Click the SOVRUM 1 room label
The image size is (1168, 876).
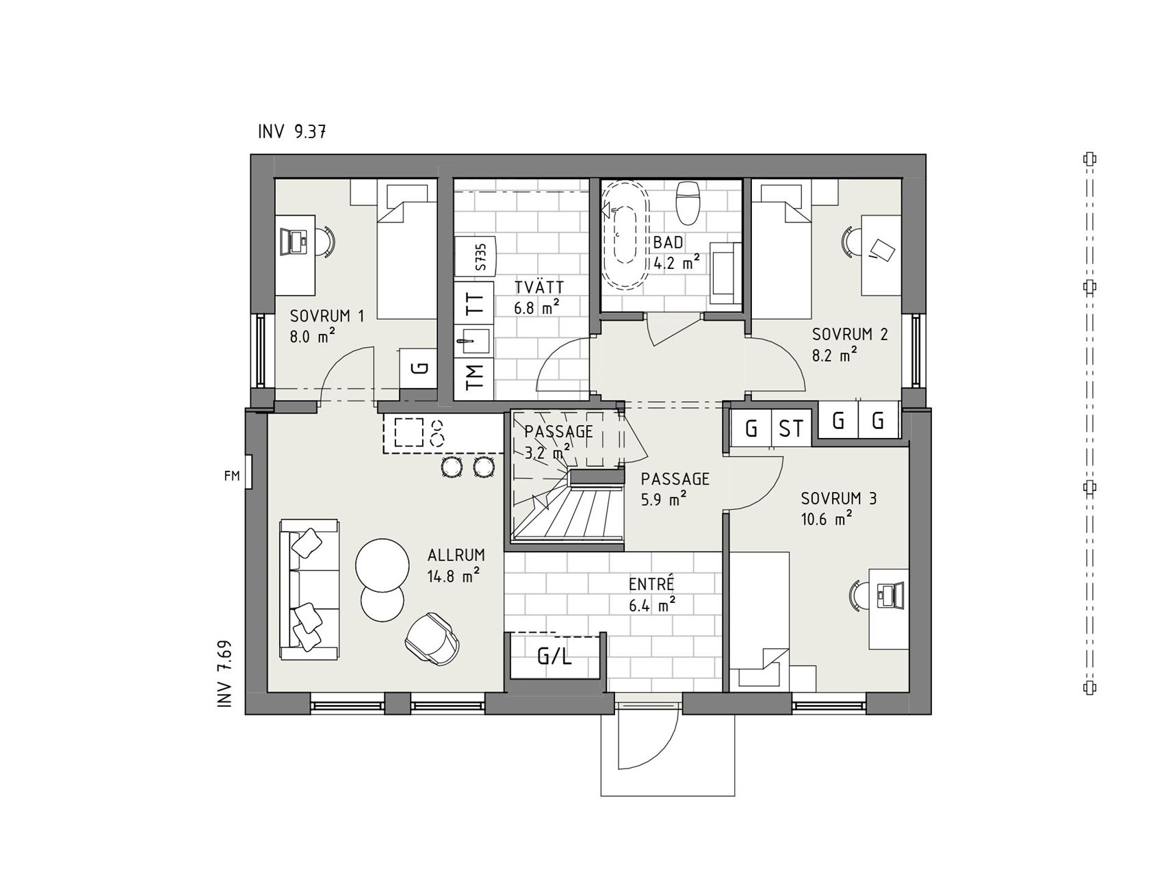pyautogui.click(x=327, y=316)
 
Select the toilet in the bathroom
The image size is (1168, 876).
pyautogui.click(x=687, y=203)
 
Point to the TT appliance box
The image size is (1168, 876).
pyautogui.click(x=474, y=302)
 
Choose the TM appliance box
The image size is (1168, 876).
pyautogui.click(x=474, y=376)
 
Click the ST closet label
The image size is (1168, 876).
pyautogui.click(x=791, y=429)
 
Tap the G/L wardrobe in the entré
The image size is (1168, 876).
pyautogui.click(x=554, y=656)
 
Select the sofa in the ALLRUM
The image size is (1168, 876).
pyautogui.click(x=309, y=589)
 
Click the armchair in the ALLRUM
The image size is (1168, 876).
pyautogui.click(x=432, y=638)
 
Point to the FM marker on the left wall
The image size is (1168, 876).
pyautogui.click(x=232, y=476)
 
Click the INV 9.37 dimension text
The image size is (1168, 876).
pyautogui.click(x=291, y=131)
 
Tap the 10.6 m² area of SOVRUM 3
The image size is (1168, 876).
pyautogui.click(x=826, y=519)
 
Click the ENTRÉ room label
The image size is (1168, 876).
pyautogui.click(x=651, y=584)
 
